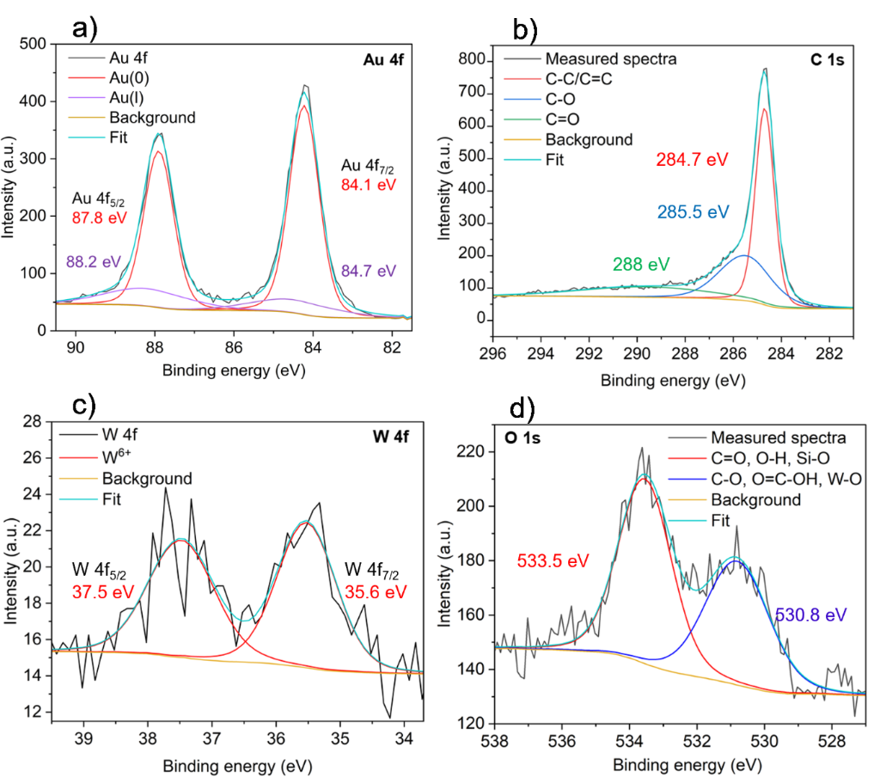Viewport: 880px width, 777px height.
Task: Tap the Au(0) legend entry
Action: coord(127,79)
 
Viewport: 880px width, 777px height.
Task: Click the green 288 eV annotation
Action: coord(640,263)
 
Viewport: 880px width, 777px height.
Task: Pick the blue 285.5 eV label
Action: coord(693,211)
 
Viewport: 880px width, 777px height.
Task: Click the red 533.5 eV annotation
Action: coord(553,560)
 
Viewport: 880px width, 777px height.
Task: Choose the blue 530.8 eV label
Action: coord(810,615)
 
